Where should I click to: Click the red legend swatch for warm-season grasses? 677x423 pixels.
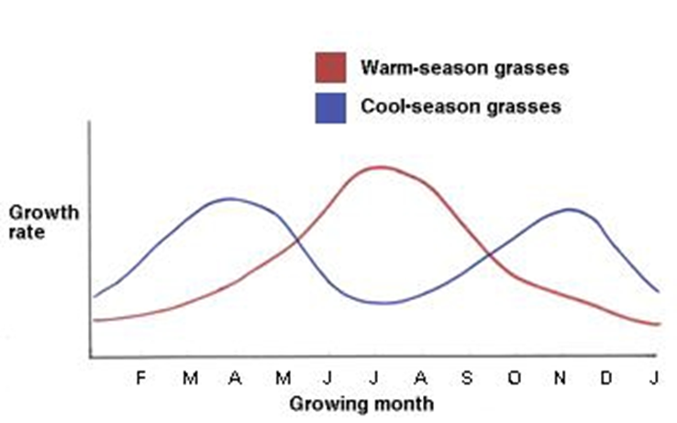(330, 67)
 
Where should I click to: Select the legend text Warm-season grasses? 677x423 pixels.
(465, 68)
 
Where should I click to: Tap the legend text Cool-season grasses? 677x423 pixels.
(460, 106)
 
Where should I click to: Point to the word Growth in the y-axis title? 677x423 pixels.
(43, 214)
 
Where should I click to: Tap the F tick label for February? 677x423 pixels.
(140, 378)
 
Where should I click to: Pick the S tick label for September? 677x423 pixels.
(467, 378)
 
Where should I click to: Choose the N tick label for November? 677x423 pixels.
(560, 378)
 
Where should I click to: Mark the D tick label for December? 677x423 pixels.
(606, 378)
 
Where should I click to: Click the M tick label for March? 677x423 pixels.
(189, 378)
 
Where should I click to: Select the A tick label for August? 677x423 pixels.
(420, 378)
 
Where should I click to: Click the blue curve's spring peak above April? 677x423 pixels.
(230, 198)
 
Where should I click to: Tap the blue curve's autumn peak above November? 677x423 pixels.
(571, 209)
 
